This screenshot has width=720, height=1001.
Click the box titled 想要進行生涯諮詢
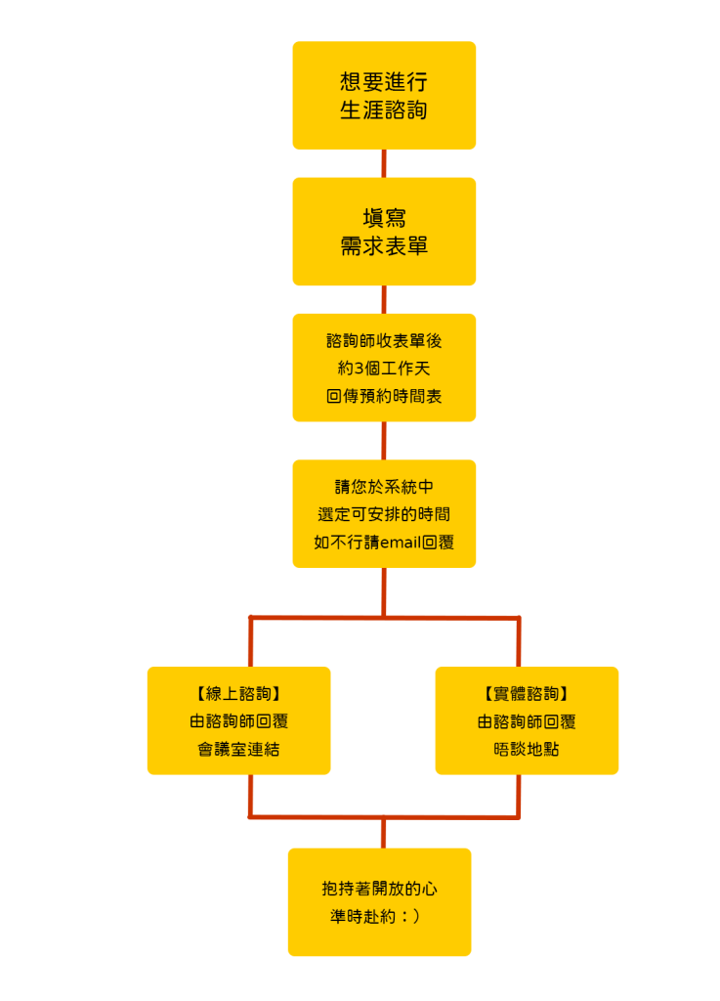pos(384,95)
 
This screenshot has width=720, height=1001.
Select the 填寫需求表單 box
pos(384,232)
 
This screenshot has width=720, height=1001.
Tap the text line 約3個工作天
pos(384,369)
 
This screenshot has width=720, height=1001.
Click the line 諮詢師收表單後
pos(384,341)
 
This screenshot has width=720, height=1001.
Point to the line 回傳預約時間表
pos(384,396)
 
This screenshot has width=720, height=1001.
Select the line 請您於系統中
pos(384,487)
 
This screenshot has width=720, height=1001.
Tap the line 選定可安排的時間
pos(384,514)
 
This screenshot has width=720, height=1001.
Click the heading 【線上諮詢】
pos(238,694)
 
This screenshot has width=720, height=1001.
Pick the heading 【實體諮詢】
pos(527,694)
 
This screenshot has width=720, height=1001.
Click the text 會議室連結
pos(238,749)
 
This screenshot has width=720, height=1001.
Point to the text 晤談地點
pos(527,749)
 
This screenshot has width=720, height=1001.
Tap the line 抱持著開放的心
pos(379,889)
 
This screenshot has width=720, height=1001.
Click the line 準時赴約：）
pos(376,917)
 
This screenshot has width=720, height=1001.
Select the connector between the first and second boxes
pos(384,163)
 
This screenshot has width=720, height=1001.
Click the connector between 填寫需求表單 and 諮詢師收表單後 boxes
pos(384,299)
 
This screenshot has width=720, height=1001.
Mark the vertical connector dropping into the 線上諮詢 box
pos(251,642)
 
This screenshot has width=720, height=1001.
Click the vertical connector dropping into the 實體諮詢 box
pos(518,642)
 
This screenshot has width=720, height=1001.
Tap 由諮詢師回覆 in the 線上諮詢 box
pos(238,721)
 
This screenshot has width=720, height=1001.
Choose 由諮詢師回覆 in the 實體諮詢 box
pos(527,721)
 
